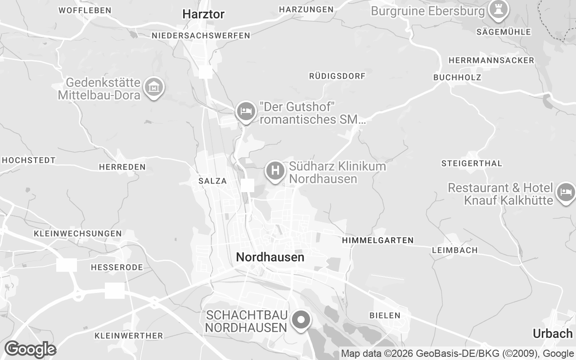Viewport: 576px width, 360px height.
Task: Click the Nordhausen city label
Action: [270, 257]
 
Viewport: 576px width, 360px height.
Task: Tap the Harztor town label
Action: [203, 14]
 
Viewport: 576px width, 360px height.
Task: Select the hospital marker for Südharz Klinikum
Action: [275, 171]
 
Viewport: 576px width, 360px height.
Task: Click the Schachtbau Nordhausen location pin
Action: [301, 320]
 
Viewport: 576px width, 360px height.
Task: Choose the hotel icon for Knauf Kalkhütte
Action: [566, 192]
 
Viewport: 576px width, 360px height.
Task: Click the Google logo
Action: [30, 349]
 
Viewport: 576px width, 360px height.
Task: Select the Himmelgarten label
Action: [378, 241]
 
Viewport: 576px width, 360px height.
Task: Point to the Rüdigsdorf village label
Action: [337, 76]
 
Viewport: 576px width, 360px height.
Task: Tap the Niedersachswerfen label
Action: [201, 36]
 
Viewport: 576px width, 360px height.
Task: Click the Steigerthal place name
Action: [472, 163]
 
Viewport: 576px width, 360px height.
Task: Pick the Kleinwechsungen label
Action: [78, 234]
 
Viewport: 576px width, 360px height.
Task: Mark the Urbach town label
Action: [553, 333]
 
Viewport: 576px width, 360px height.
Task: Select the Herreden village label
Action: [122, 167]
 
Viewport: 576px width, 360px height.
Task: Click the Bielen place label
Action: [385, 315]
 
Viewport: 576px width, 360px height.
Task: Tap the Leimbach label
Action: [454, 250]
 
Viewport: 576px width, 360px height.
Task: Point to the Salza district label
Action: [212, 181]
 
